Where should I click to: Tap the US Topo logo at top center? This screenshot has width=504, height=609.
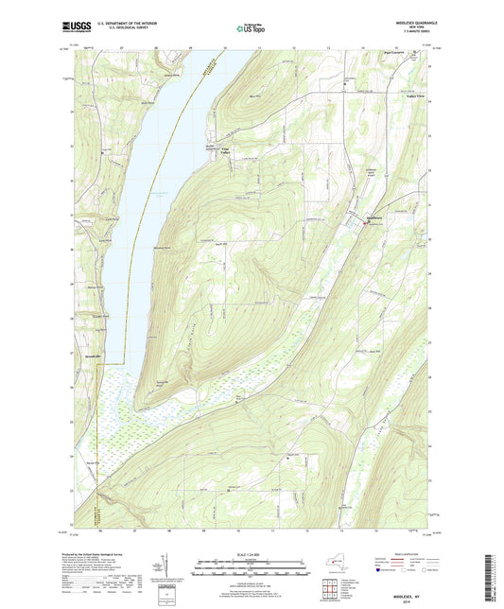(250, 29)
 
